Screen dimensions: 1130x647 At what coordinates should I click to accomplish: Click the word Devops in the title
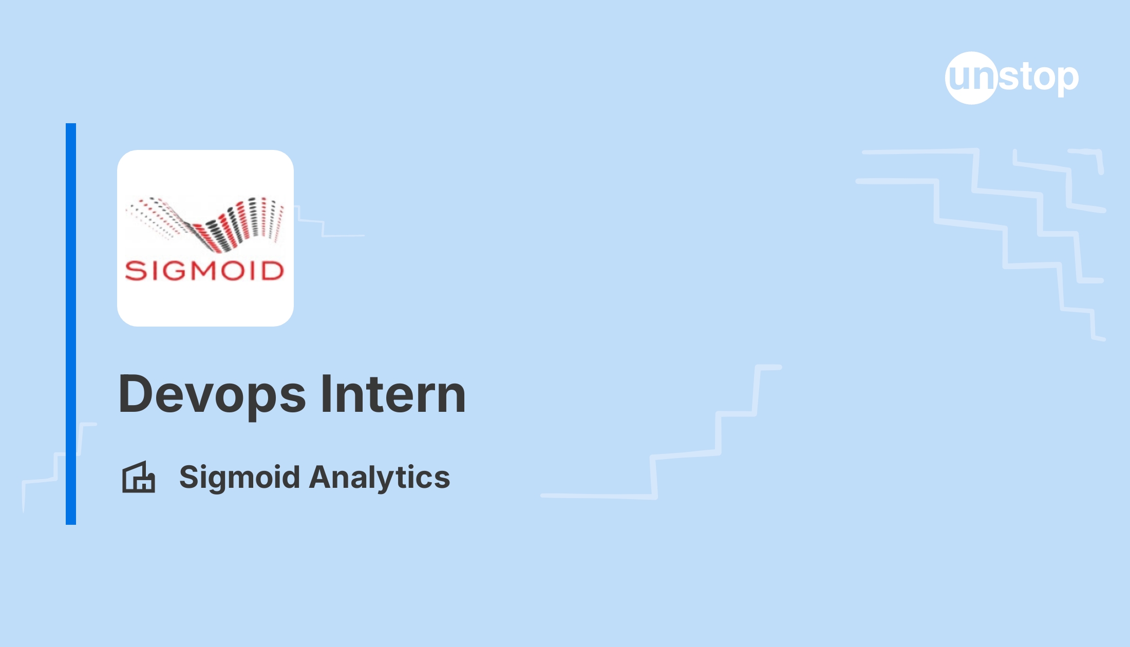coord(212,395)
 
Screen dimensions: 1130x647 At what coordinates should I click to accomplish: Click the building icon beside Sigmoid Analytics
coord(139,477)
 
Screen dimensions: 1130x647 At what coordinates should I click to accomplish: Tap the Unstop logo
coord(1012,78)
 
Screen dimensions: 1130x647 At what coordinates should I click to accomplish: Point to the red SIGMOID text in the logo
coord(204,271)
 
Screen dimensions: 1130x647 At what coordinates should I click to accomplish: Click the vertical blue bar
coord(71,324)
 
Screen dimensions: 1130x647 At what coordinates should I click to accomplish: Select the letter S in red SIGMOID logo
coord(135,271)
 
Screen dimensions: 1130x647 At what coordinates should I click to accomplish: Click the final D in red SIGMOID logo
coord(273,271)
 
